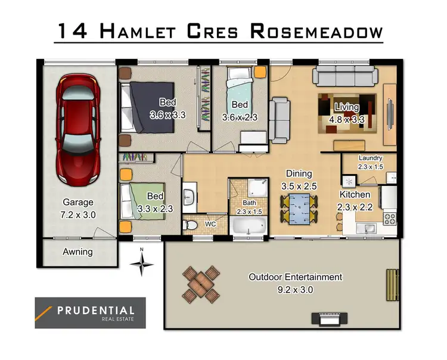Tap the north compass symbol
point(142,263)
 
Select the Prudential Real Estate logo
point(90,313)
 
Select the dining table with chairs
point(298,209)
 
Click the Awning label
point(78,252)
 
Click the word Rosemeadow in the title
point(315,31)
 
